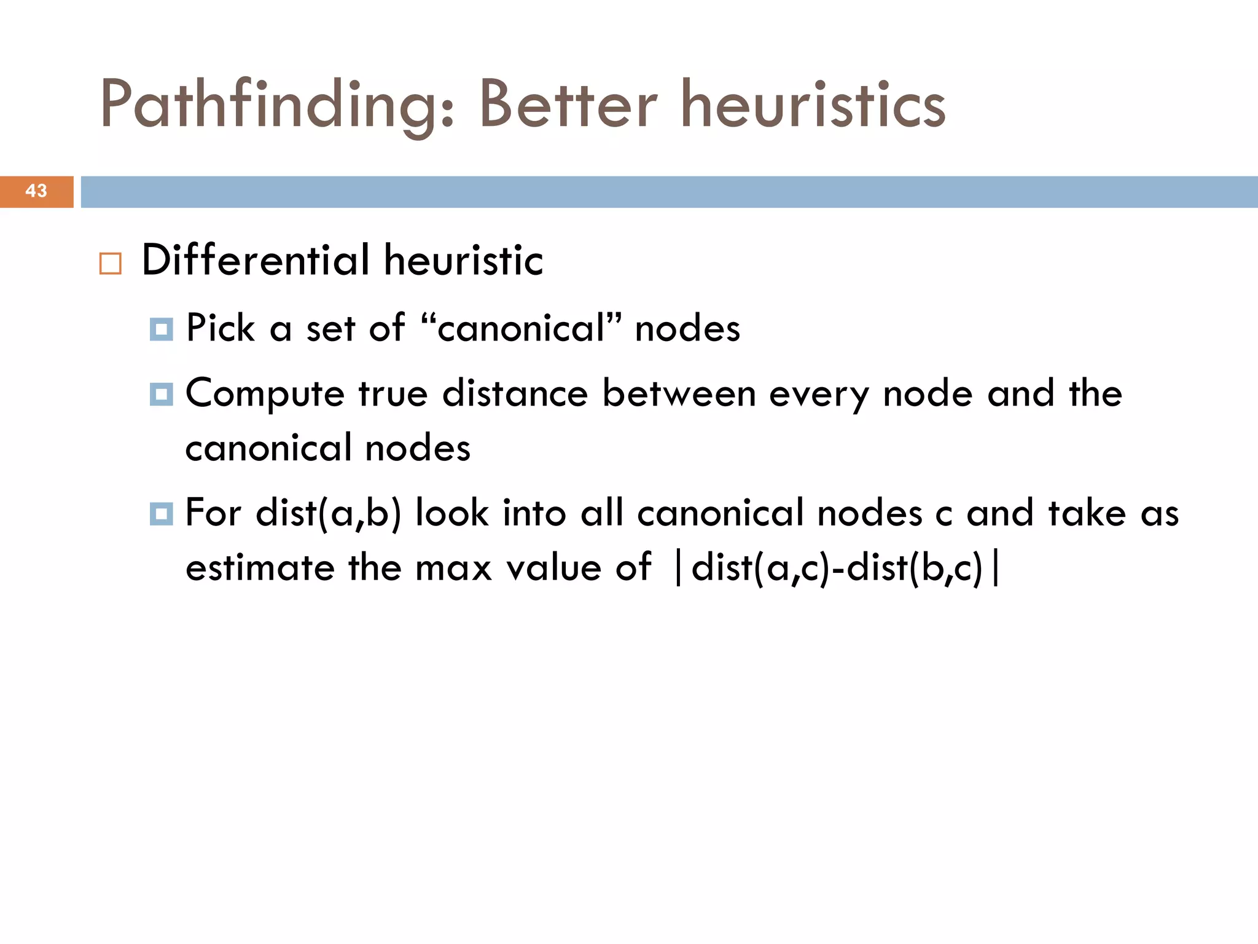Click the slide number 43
(36, 191)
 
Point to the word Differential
(255, 260)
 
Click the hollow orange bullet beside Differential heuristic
(111, 264)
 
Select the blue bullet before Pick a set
(162, 330)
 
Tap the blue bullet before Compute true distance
(162, 394)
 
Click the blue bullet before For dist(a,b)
(162, 514)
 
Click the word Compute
(265, 394)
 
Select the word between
(678, 393)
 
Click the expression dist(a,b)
(329, 513)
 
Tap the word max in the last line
(453, 568)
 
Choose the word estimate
(260, 568)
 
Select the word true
(393, 393)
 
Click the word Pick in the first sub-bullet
(220, 328)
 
